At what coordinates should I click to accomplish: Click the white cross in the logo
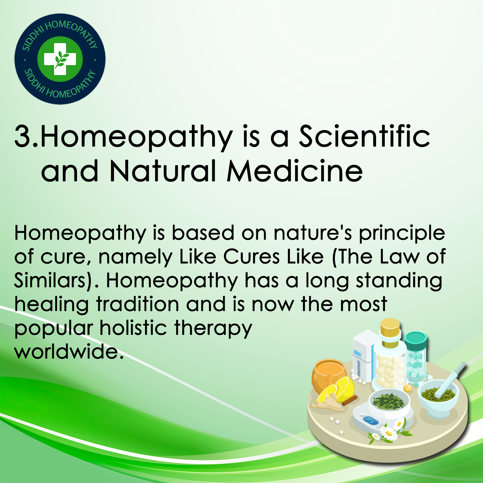click(x=60, y=59)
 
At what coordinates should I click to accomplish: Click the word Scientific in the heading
click(x=365, y=136)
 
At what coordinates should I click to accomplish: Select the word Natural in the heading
click(x=163, y=171)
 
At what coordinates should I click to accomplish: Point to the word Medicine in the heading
click(x=295, y=171)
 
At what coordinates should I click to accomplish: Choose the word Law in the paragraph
click(x=400, y=257)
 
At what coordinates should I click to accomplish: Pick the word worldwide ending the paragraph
click(x=69, y=351)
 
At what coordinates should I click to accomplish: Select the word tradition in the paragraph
click(x=138, y=304)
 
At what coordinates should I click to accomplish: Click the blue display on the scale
click(x=371, y=421)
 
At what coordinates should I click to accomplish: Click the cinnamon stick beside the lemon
click(x=350, y=400)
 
